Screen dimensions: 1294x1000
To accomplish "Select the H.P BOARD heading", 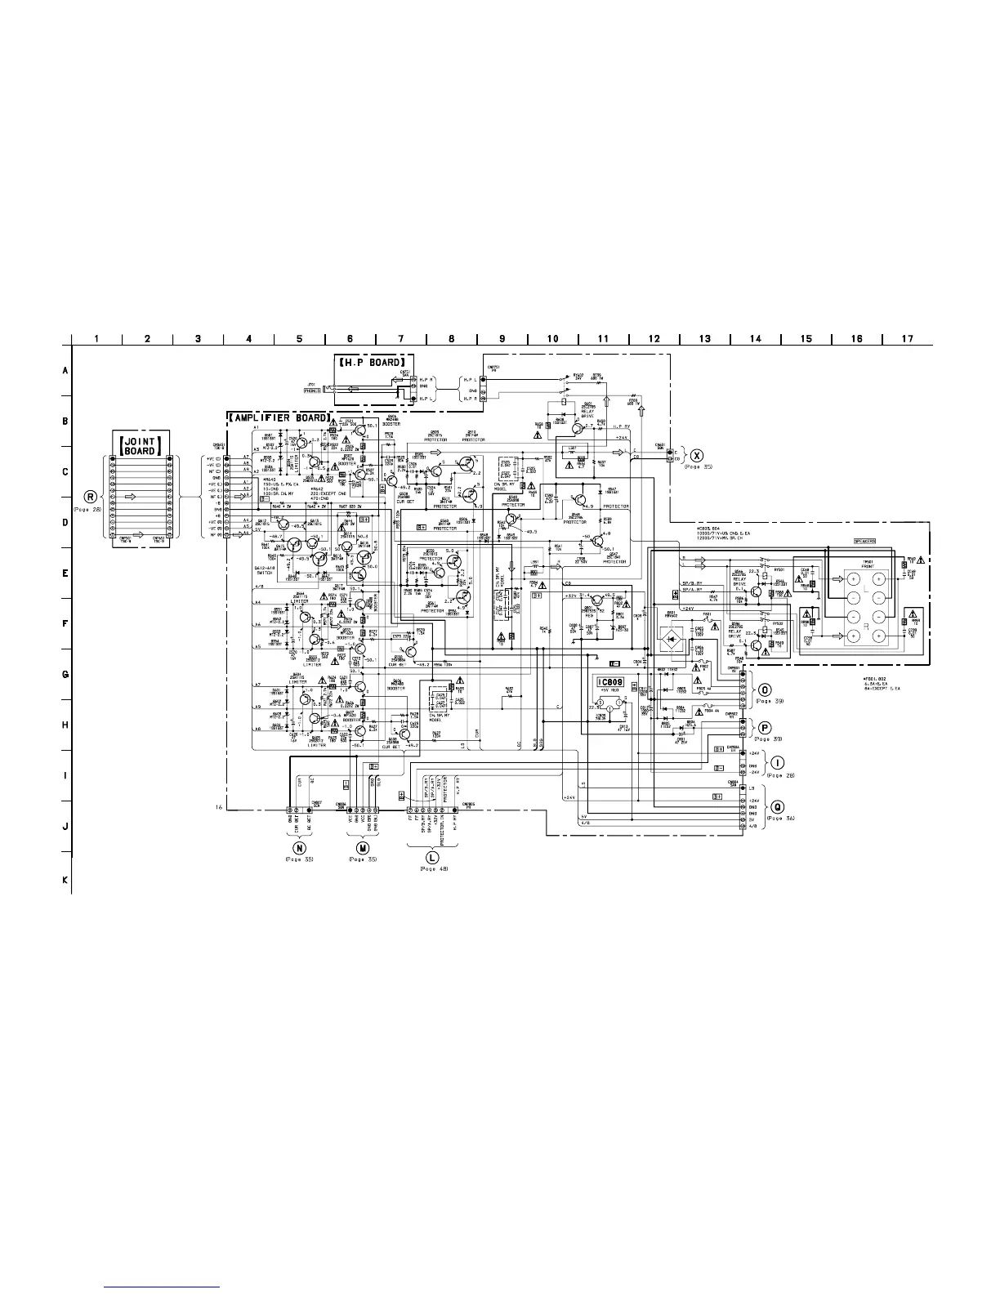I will pyautogui.click(x=373, y=362).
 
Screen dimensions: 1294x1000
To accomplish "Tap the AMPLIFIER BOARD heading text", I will pyautogui.click(x=278, y=418).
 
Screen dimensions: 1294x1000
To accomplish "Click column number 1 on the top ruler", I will pyautogui.click(x=97, y=339).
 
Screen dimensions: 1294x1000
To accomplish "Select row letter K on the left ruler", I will pyautogui.click(x=65, y=881).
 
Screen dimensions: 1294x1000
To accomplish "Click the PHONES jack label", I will pyautogui.click(x=312, y=390).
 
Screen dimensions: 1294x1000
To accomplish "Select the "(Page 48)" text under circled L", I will pyautogui.click(x=432, y=868).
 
